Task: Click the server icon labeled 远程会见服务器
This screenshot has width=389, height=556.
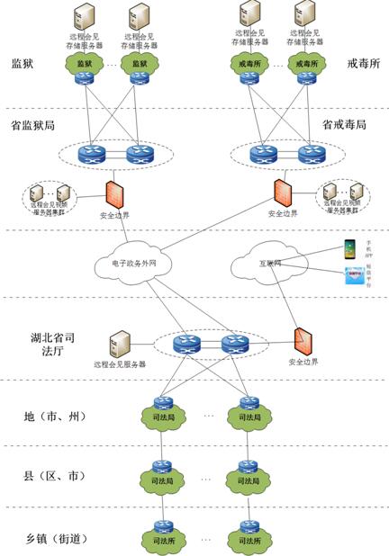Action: click(x=119, y=345)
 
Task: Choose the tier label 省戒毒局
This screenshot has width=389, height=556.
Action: click(x=343, y=124)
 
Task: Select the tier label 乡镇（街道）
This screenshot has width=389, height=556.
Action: click(x=55, y=540)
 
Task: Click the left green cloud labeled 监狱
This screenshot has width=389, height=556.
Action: click(x=85, y=65)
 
